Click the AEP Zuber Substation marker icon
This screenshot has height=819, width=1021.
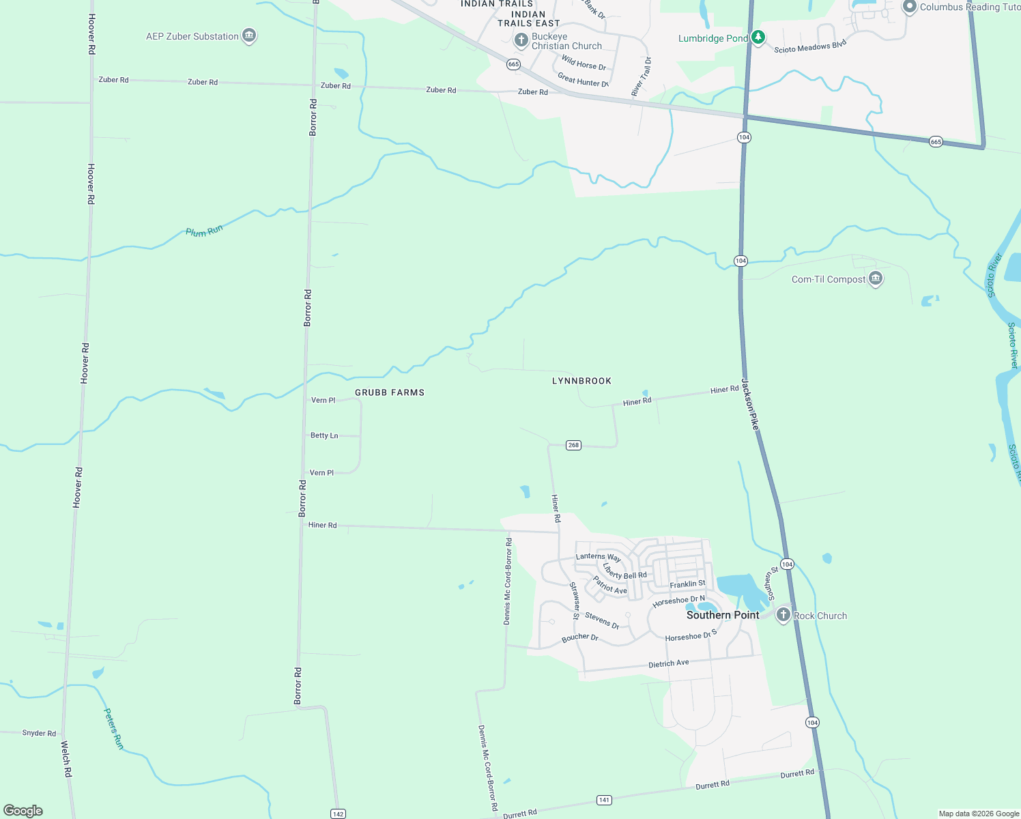pos(249,35)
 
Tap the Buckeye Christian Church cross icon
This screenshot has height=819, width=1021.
pos(521,40)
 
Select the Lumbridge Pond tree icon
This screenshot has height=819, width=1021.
pos(758,38)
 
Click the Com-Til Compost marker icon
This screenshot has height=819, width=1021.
pos(876,278)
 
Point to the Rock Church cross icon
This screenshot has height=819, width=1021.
pos(783,615)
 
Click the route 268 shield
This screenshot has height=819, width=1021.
pos(573,445)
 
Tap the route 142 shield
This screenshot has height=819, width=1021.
pos(338,814)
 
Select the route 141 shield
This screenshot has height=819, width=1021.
pos(604,800)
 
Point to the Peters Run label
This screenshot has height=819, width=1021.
pos(113,729)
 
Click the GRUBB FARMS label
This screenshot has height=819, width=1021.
pos(390,392)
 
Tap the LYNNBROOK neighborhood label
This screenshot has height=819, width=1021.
pos(581,381)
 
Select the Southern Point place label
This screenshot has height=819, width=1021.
pos(723,615)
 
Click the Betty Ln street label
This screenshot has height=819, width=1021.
pos(324,435)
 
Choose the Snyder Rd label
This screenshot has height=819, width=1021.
pos(39,733)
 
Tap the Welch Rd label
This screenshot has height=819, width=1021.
pos(66,759)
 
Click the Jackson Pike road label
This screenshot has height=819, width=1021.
pos(750,404)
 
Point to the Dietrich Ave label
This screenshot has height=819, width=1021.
pos(668,663)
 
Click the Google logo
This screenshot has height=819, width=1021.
pos(23,811)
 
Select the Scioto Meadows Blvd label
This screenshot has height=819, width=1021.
pos(810,46)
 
